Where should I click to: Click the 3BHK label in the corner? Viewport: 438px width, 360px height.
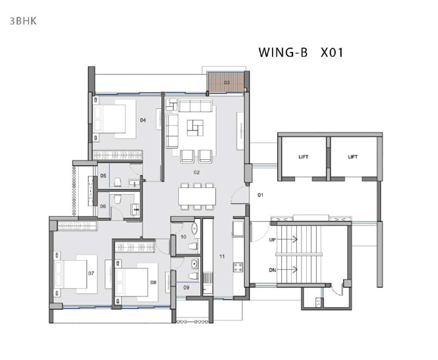click(x=23, y=21)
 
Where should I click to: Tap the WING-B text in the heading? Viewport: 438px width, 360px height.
click(x=283, y=52)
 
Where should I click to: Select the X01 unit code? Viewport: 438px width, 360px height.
click(x=332, y=52)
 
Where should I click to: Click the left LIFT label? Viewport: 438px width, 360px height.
click(x=303, y=157)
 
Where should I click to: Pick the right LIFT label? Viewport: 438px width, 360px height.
click(x=353, y=157)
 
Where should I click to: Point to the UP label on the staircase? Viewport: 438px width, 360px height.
click(x=272, y=239)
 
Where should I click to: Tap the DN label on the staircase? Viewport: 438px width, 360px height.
click(x=272, y=270)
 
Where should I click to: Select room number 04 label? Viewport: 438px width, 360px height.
click(x=143, y=121)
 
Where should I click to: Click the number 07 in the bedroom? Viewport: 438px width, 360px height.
click(x=91, y=273)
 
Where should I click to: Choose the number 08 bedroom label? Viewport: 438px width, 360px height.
click(x=153, y=283)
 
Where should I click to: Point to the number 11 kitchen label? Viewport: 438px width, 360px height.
click(x=222, y=256)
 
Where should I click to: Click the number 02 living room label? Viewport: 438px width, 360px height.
click(x=197, y=173)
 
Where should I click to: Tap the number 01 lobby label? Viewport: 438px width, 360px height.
click(x=261, y=196)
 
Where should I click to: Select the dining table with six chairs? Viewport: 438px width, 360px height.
click(x=197, y=196)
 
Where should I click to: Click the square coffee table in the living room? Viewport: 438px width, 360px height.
click(x=196, y=127)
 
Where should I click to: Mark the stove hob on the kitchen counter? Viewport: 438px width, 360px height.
click(x=238, y=268)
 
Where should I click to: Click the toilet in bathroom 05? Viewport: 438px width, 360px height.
click(x=117, y=182)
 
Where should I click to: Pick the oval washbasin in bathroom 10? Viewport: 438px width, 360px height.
click(x=195, y=229)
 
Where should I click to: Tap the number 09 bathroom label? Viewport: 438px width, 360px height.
click(x=186, y=287)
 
